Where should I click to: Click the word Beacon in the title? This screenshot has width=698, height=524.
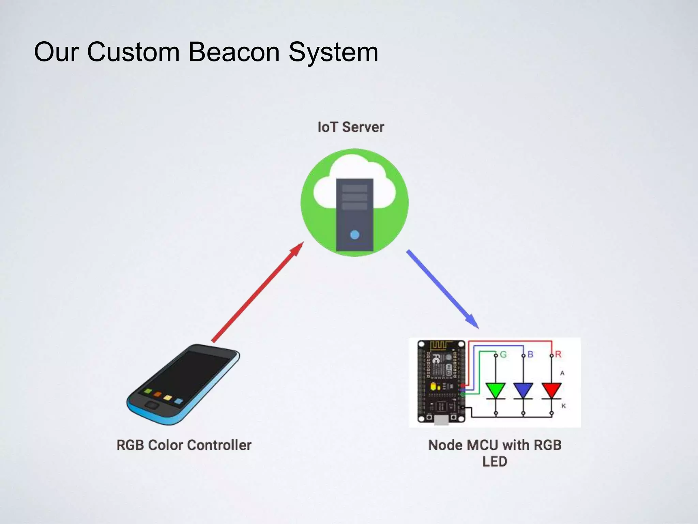[x=234, y=52]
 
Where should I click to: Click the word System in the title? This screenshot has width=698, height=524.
[x=333, y=52]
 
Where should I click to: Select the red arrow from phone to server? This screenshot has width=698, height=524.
[x=257, y=292]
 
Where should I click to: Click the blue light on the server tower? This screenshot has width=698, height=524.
[x=354, y=235]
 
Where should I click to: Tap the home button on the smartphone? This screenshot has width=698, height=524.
[x=152, y=405]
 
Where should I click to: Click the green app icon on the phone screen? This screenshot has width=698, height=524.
[x=148, y=391]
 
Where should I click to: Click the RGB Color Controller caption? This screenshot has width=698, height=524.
[x=184, y=445]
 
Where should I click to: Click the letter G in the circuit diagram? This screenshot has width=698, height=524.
[x=503, y=355]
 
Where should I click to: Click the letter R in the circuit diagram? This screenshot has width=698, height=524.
[x=558, y=354]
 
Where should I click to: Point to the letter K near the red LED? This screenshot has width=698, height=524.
[x=563, y=406]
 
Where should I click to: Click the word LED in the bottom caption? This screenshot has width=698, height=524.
[x=495, y=462]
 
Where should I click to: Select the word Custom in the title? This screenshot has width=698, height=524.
[x=133, y=52]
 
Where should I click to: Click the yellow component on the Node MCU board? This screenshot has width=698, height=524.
[x=433, y=387]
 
